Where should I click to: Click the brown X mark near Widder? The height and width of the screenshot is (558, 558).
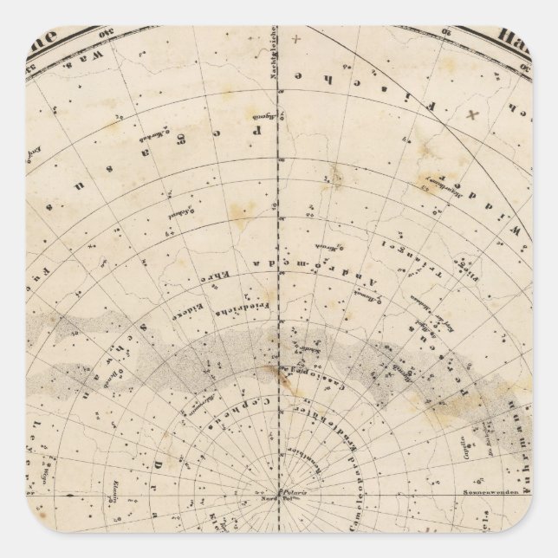(472, 114)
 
